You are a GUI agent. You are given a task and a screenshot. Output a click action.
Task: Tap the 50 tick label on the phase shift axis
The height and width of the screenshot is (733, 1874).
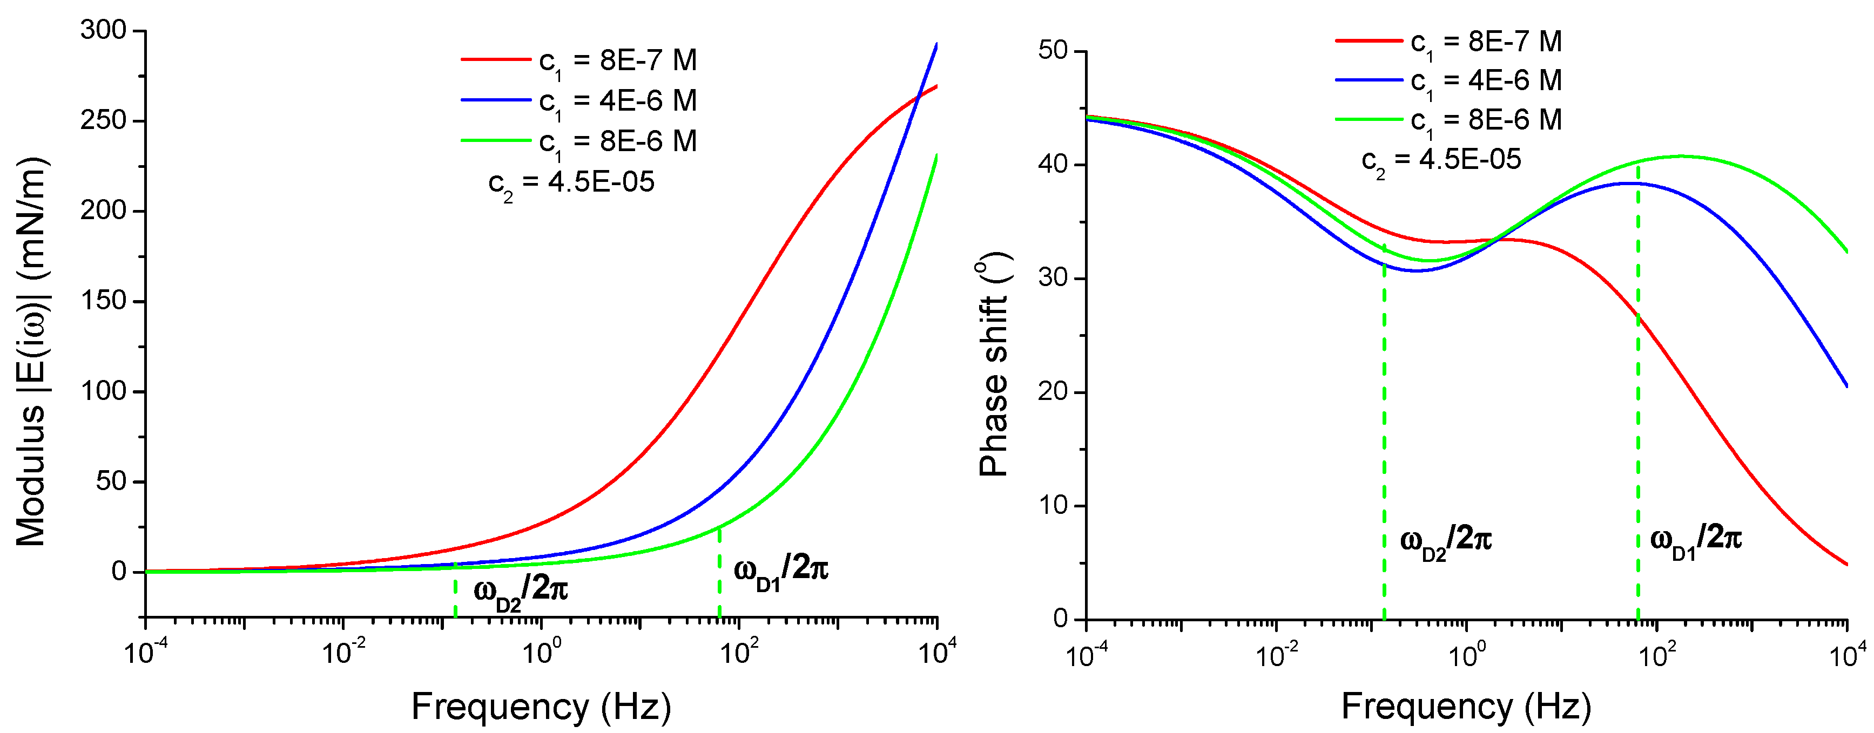click(x=1053, y=51)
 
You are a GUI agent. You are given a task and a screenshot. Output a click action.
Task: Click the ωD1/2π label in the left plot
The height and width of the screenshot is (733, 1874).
click(x=780, y=569)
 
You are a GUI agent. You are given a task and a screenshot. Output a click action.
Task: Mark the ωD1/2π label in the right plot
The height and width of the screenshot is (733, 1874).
click(x=1696, y=540)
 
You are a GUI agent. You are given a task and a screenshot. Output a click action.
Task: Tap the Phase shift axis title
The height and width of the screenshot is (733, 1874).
click(x=994, y=364)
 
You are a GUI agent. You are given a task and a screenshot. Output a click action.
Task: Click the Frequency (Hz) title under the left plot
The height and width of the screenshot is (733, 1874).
click(x=541, y=706)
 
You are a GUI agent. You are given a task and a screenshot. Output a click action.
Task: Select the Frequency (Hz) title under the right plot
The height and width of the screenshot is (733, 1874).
click(x=1466, y=706)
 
